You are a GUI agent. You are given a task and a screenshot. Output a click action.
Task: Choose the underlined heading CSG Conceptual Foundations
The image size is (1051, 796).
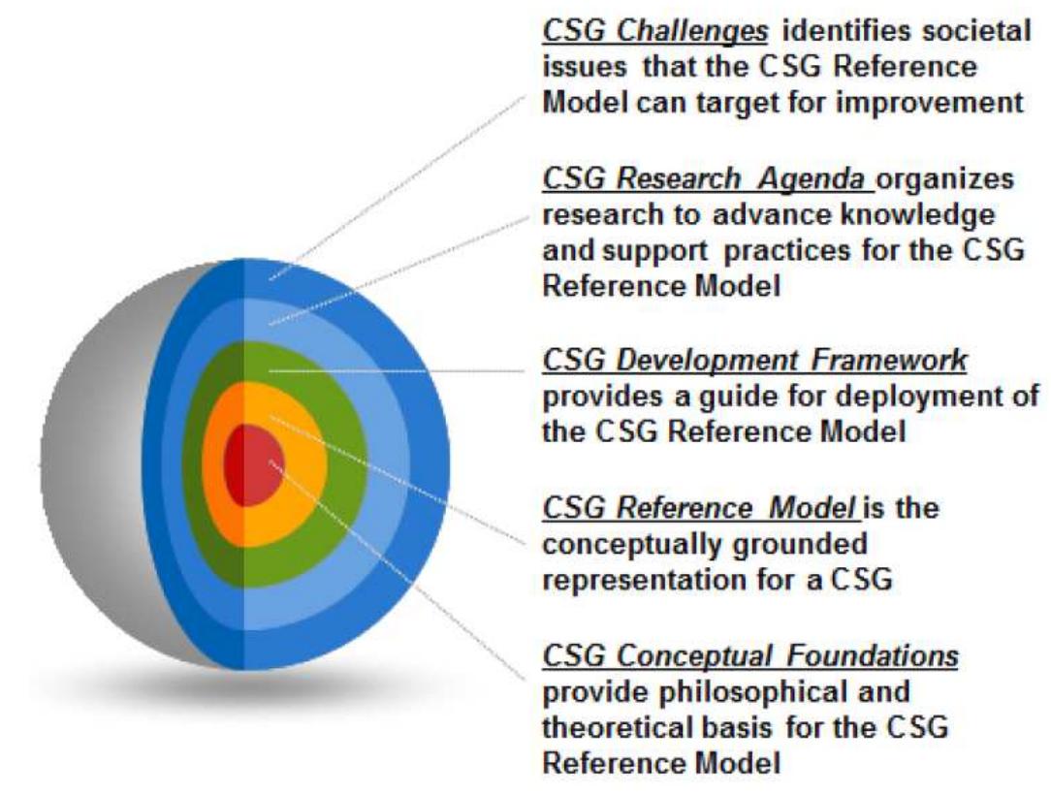(750, 656)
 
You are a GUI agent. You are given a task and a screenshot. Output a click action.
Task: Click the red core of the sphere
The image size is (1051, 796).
(254, 463)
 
